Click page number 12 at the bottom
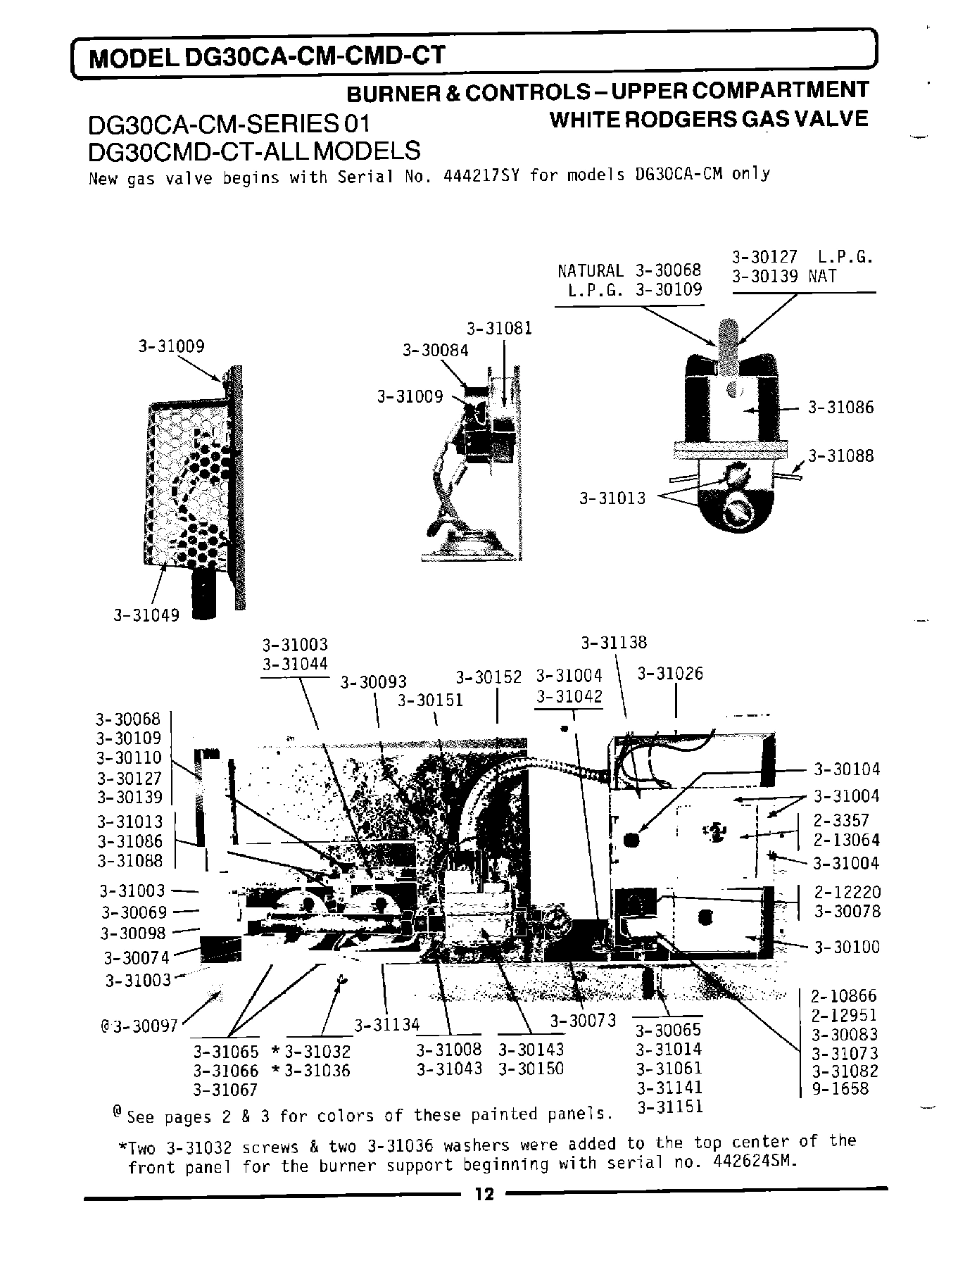click(x=484, y=1194)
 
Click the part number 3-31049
click(x=147, y=615)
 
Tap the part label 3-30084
click(x=435, y=350)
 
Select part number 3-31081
click(x=500, y=328)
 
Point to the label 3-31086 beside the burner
click(x=840, y=407)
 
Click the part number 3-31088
click(x=840, y=455)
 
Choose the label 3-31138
click(x=614, y=642)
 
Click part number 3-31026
click(x=670, y=674)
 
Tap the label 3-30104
click(x=847, y=769)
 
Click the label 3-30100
click(x=847, y=947)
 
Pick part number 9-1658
click(x=840, y=1089)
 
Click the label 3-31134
click(x=386, y=1024)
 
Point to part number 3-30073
click(x=583, y=1021)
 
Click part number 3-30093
click(x=374, y=681)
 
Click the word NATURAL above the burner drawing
click(x=590, y=271)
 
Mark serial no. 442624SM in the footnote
click(x=755, y=1162)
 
